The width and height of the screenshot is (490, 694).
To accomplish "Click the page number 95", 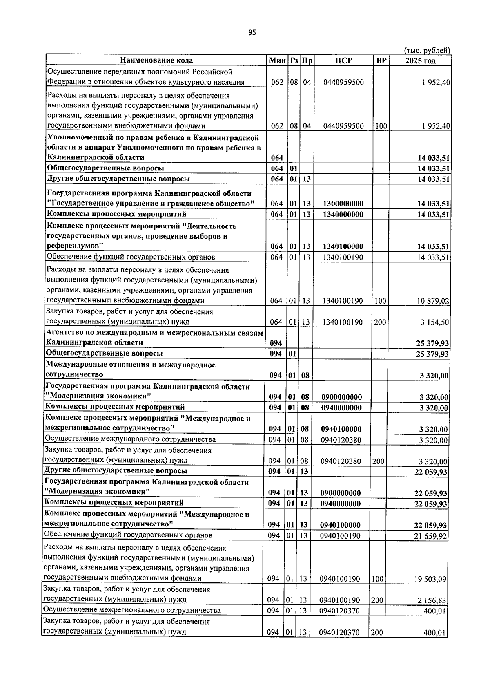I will pos(252,33).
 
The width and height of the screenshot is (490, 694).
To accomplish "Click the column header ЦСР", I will pos(343,60).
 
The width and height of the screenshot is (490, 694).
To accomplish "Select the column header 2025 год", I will pos(420,60).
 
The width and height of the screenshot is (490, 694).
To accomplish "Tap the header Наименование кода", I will pos(156,60).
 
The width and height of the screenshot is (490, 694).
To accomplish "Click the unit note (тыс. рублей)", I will pos(427,51).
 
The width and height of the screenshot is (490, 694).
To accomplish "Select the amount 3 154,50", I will pos(435,322).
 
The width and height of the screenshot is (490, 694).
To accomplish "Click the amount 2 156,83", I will pos(432,600).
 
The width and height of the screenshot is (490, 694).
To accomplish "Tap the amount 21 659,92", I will pos(431,536).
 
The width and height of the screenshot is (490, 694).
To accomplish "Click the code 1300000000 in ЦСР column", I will pos(343,204).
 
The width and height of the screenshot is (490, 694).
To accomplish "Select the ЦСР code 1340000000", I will pos(343,214).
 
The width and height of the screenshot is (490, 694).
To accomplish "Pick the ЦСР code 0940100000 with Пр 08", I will pos(341,429).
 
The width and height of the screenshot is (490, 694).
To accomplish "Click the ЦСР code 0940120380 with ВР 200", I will pos(341,461).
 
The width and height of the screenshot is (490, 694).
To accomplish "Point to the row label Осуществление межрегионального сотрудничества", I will pos(132,611).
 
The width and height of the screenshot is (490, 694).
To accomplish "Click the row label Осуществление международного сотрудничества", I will pos(130,439).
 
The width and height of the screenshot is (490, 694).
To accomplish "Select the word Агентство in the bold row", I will pos(65,333).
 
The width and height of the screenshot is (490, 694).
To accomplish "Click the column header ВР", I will pos(381,60).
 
